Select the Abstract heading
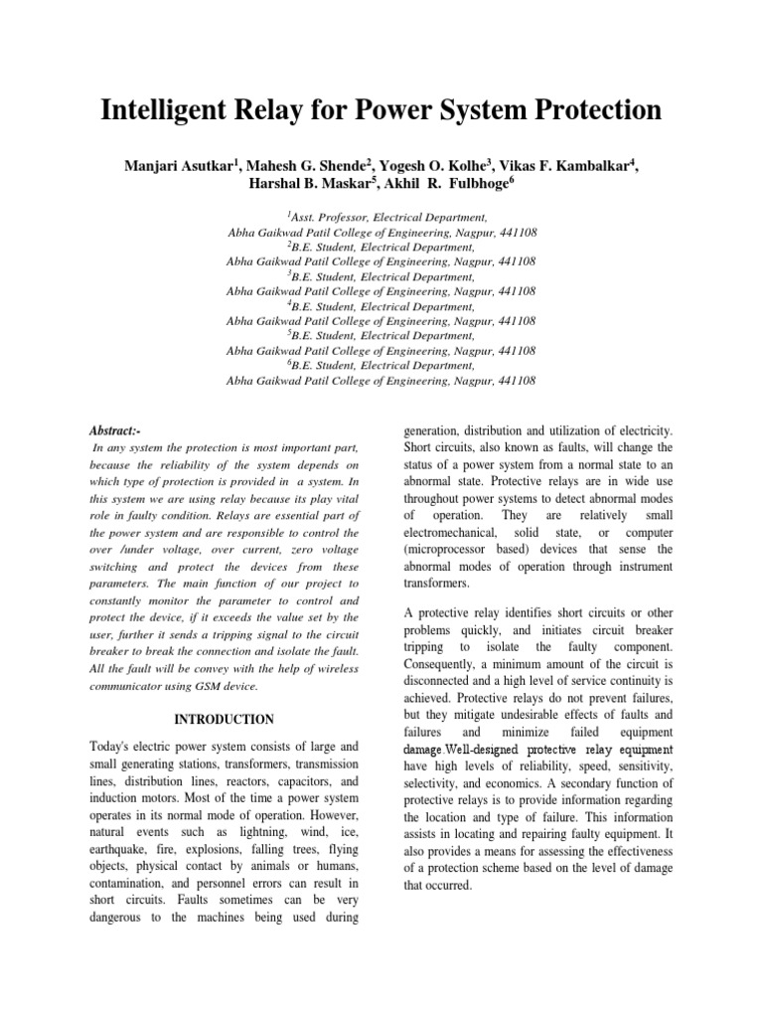(115, 430)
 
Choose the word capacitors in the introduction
(293, 781)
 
